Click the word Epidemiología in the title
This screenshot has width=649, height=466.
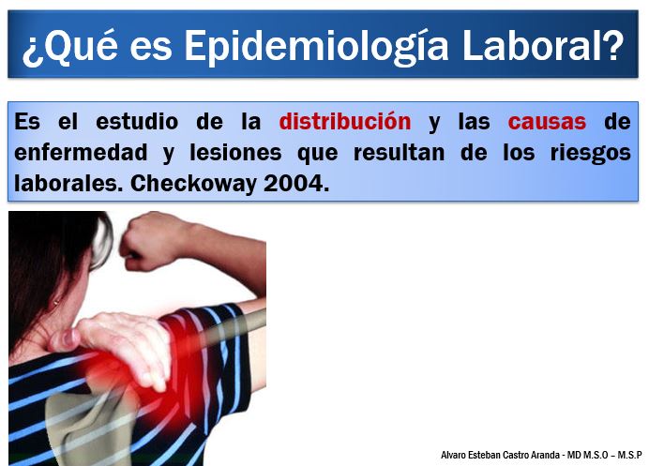(316, 46)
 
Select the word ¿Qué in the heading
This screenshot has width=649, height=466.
(69, 46)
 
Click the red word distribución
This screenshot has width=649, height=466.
(345, 121)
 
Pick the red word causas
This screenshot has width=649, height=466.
(547, 122)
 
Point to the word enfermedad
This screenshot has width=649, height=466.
(81, 152)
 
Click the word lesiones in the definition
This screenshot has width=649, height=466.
(235, 152)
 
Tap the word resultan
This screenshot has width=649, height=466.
(399, 152)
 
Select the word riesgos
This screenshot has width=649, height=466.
(591, 154)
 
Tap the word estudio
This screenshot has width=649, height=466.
(137, 121)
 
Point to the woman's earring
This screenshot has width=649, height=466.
(55, 303)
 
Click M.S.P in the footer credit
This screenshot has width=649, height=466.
(629, 455)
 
